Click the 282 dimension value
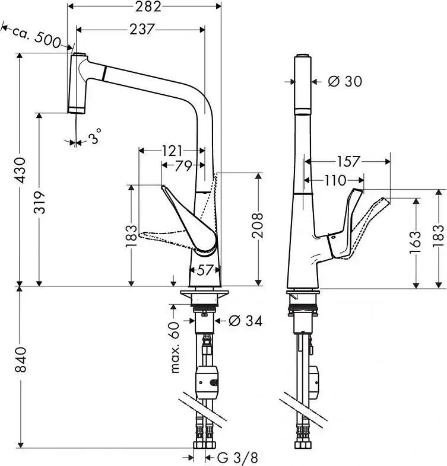click(148, 7)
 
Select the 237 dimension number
click(142, 30)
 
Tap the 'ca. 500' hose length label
click(36, 36)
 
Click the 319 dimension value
click(39, 202)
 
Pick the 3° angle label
click(94, 136)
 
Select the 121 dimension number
click(172, 151)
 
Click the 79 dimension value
click(183, 166)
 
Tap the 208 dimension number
click(258, 225)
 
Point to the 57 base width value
click(204, 270)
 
